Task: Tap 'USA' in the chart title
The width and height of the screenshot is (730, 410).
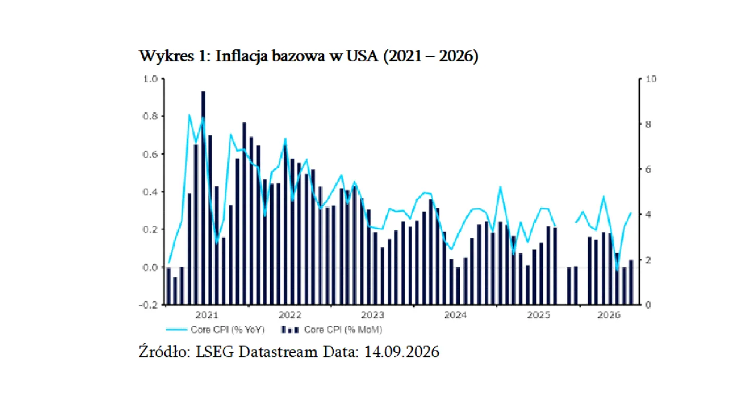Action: [x=362, y=56]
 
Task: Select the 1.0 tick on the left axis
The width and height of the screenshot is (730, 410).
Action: [x=150, y=79]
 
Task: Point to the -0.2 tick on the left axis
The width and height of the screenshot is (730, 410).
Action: [x=149, y=305]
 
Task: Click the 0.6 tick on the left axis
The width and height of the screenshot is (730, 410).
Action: [x=150, y=154]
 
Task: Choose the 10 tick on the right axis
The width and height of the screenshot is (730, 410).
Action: [x=651, y=79]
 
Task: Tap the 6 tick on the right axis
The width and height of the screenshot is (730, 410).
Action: [x=648, y=169]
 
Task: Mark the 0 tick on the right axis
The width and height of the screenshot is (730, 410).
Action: [x=648, y=305]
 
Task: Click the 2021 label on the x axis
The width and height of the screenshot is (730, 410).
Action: [x=206, y=315]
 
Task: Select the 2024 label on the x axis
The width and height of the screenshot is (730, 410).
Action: [x=456, y=315]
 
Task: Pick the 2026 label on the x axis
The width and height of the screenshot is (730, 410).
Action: [x=609, y=315]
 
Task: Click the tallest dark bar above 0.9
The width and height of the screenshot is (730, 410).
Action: [x=203, y=197]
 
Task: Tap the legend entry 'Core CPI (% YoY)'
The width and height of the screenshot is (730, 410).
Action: [x=227, y=330]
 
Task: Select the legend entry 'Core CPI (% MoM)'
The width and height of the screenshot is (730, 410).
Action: [x=343, y=330]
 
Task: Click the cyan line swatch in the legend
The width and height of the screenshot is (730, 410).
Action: [x=176, y=330]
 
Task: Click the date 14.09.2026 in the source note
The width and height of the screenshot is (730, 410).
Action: [x=401, y=352]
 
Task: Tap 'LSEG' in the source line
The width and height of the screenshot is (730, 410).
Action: [x=215, y=352]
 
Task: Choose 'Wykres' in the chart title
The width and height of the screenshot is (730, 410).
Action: [x=166, y=56]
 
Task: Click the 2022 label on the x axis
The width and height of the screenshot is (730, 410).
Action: [x=290, y=315]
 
